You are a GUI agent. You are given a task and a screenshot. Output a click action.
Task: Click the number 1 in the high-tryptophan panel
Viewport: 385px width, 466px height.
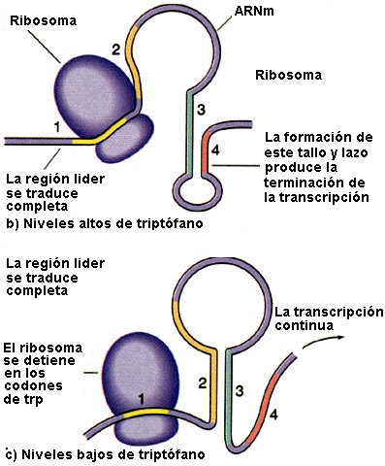pyautogui.click(x=56, y=125)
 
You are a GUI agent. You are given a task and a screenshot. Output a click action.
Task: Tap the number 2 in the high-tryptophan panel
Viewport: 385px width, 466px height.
pyautogui.click(x=115, y=48)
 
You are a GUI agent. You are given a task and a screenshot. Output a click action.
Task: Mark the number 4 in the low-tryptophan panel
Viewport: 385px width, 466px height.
pyautogui.click(x=273, y=416)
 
